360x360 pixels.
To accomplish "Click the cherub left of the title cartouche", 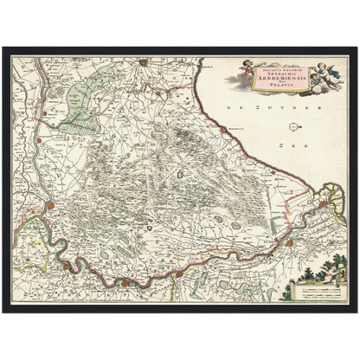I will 235,71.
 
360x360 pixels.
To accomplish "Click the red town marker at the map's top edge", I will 145,61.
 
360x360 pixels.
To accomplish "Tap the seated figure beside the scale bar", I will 330,270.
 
